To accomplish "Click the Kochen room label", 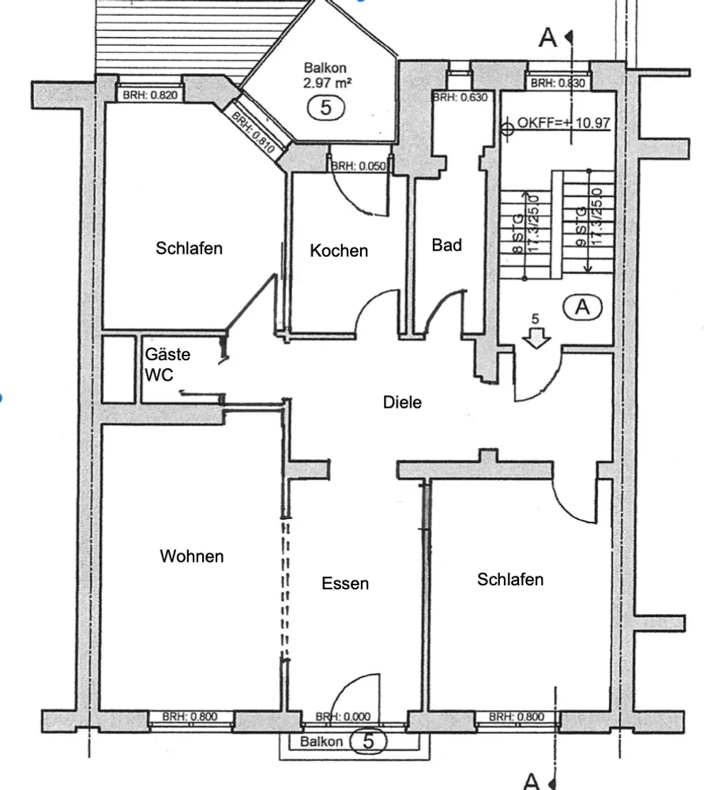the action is [339, 250].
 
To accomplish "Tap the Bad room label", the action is [446, 245].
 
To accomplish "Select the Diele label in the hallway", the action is [402, 402].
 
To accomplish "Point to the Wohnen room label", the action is [191, 555].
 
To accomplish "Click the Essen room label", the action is [345, 583].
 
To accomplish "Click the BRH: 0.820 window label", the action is [150, 95].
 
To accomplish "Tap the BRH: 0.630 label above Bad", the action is [460, 97].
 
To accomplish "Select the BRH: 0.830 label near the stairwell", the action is [558, 83].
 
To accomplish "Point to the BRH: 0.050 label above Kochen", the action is [359, 166].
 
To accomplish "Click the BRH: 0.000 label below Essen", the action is [343, 716].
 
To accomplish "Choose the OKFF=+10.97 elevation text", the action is [563, 122].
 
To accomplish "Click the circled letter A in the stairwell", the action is [582, 307].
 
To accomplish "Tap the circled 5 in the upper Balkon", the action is [326, 107].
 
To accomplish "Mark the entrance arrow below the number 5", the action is [536, 337].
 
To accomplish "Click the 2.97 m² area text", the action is [327, 83].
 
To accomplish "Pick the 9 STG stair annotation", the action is [581, 227].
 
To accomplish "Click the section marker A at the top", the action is [547, 38].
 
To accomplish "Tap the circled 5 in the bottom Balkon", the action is [368, 742].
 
